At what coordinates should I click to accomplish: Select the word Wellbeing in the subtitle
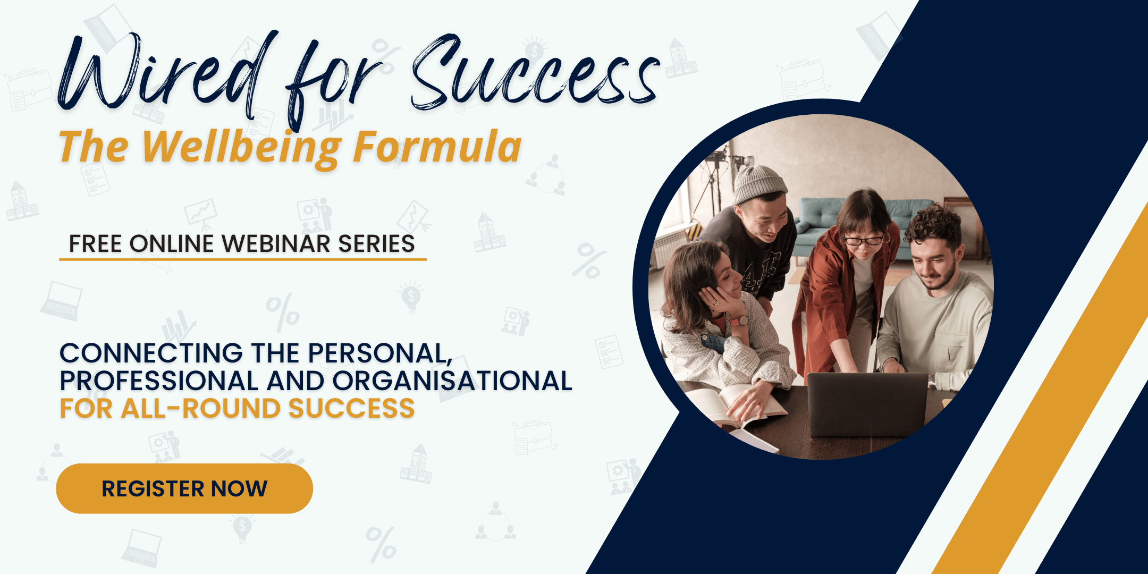(x=242, y=148)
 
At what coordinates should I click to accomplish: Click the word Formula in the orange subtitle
(x=437, y=146)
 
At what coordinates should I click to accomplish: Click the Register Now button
(x=184, y=488)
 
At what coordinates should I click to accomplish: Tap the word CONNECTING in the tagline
(x=151, y=353)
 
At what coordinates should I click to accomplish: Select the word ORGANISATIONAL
(x=452, y=381)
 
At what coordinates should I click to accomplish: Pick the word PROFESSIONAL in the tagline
(x=159, y=381)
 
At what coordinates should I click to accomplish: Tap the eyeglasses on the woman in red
(x=864, y=240)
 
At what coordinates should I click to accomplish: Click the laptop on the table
(x=867, y=404)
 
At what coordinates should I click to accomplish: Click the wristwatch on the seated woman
(x=739, y=320)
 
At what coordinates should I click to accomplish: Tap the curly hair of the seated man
(x=933, y=223)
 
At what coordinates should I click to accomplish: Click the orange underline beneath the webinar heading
(x=243, y=259)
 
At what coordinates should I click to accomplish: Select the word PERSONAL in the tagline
(x=379, y=353)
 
